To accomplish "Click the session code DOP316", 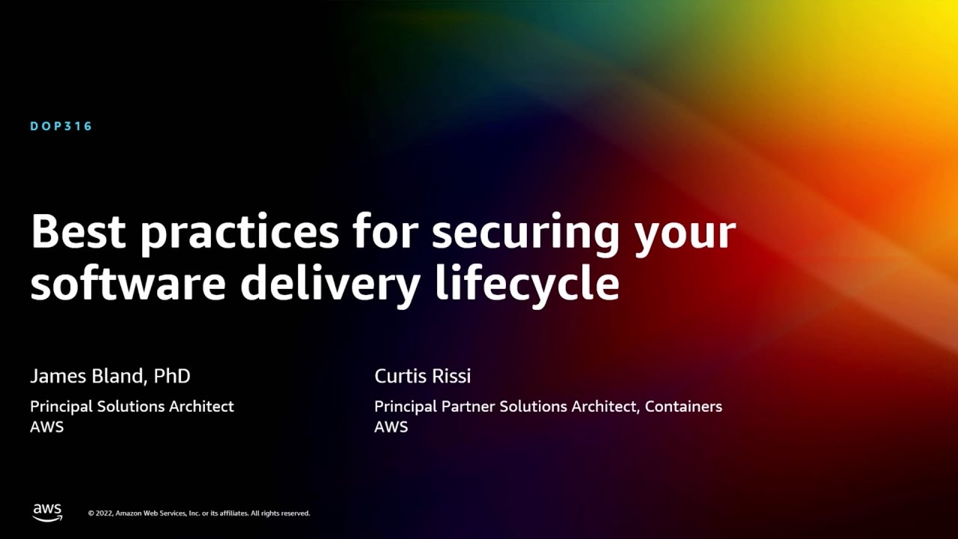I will (61, 127).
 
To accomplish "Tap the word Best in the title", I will (78, 232).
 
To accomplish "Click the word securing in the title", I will (525, 234).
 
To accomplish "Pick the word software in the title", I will (127, 283).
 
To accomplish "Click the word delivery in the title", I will (329, 284).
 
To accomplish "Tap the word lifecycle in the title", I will (527, 284).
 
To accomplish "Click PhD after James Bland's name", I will (172, 376).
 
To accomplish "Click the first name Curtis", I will (401, 376).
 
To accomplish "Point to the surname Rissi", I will (451, 376).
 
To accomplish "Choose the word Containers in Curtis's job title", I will (683, 406).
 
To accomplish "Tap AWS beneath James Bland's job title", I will (46, 427).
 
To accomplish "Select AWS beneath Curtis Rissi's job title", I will (391, 427).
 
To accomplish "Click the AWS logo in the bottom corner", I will (47, 512).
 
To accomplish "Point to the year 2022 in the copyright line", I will (103, 514).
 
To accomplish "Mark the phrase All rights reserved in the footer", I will (280, 514).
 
